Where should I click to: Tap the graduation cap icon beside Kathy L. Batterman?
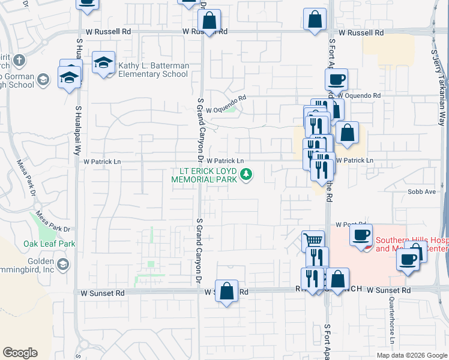[x=104, y=62]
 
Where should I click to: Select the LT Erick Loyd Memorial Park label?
[x=204, y=175]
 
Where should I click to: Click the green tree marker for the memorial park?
[x=246, y=175]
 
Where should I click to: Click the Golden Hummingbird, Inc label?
[x=38, y=266]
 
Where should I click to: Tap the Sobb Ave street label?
[x=421, y=192]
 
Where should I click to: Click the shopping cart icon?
[x=313, y=241]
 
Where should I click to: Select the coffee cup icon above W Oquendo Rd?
[x=336, y=79]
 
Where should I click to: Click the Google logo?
[x=20, y=353]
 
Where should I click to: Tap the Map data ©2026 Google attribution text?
[x=411, y=355]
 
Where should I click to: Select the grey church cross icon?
[x=19, y=60]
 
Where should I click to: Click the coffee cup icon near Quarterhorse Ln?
[x=408, y=260]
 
